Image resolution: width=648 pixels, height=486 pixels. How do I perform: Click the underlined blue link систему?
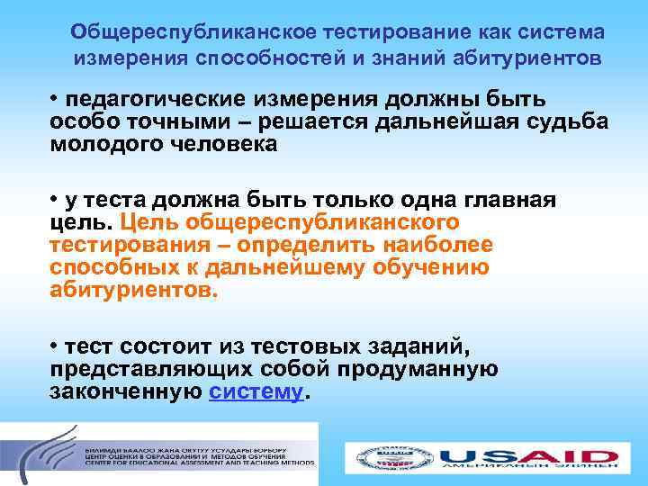point(256,392)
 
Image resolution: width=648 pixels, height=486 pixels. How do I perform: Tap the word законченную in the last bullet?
point(125,392)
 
